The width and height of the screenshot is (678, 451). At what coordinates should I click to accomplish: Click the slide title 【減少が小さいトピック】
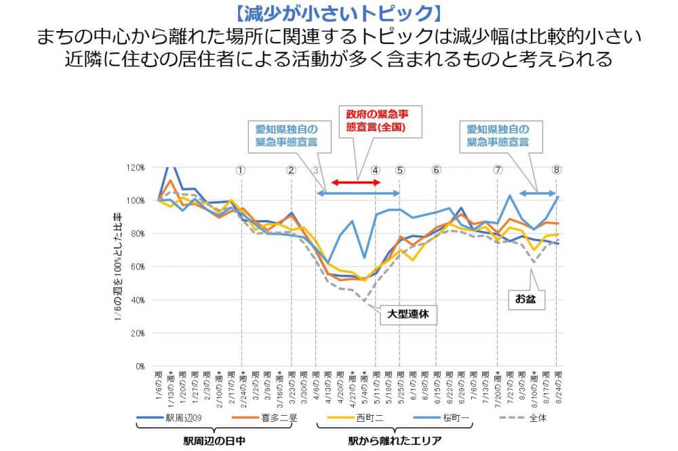point(339,12)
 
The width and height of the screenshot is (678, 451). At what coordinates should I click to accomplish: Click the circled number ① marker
point(241,170)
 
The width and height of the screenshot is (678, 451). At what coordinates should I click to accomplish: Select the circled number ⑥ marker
point(436,170)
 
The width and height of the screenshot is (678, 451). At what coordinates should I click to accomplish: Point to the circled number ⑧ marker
point(557,170)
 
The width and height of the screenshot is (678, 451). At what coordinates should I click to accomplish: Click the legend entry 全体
point(538,418)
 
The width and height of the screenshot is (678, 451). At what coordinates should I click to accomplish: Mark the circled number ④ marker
point(376,170)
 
